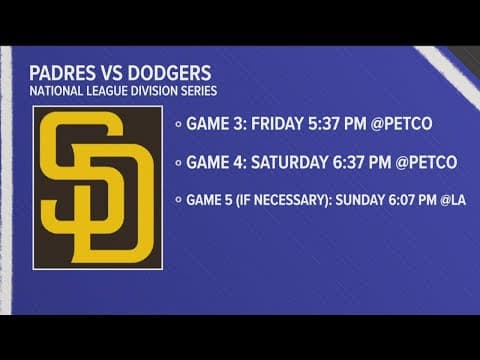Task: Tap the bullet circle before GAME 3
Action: [x=178, y=125]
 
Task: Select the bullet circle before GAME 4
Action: [x=178, y=162]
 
